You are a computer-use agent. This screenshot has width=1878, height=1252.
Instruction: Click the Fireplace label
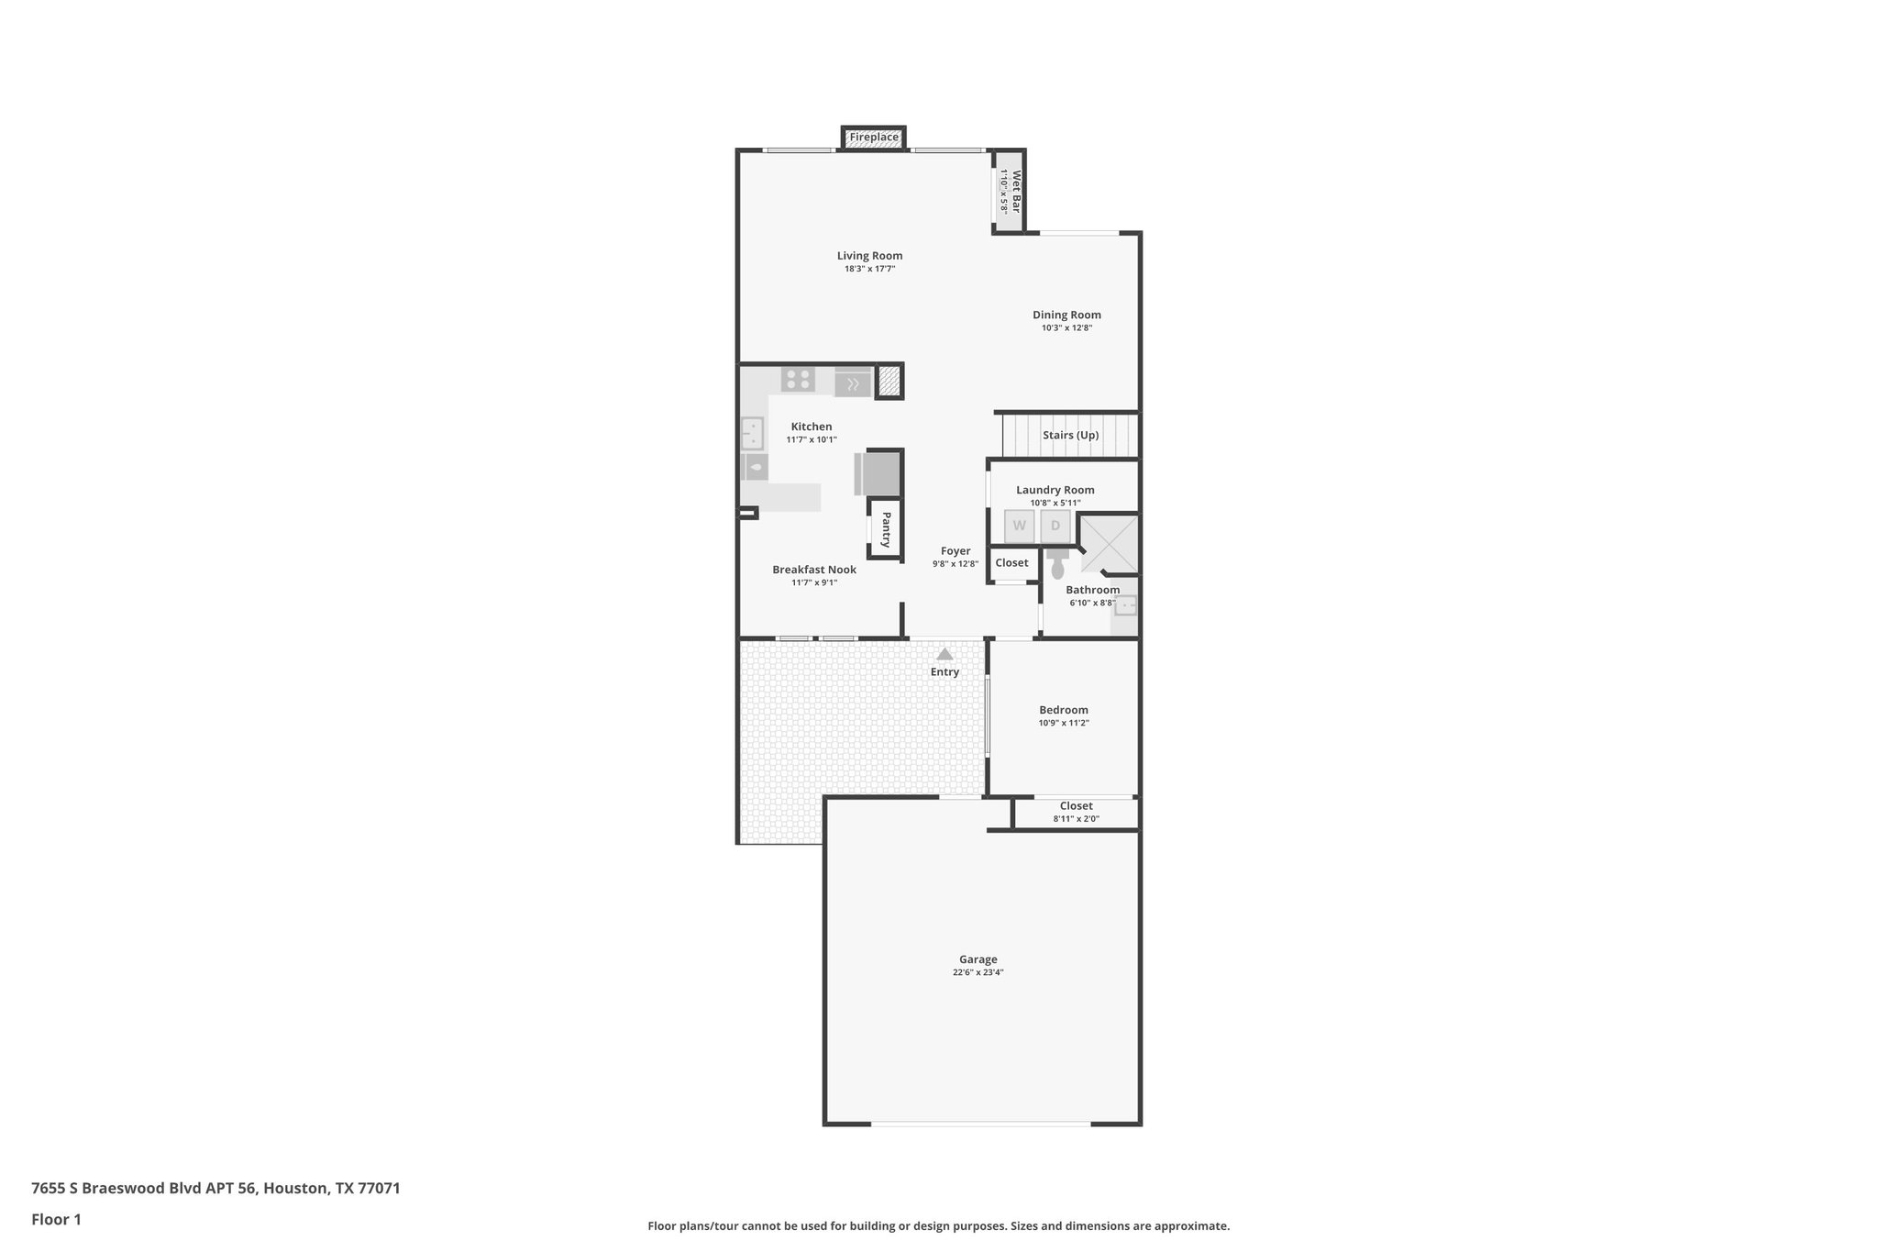coord(873,138)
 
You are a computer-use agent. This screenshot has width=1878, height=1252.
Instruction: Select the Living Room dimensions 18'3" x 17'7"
coord(869,270)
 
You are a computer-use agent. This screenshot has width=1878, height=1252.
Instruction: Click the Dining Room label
coord(1066,315)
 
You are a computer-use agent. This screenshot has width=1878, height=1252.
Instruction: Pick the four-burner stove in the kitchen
coord(798,379)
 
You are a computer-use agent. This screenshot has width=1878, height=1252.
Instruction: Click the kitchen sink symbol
coord(752,432)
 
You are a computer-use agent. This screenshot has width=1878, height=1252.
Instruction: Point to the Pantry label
coord(886,530)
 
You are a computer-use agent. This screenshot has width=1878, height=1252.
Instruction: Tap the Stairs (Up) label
coord(1070,436)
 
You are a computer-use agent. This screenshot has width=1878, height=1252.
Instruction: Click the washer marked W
coord(1019,526)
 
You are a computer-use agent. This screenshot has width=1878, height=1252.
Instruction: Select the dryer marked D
coord(1055,526)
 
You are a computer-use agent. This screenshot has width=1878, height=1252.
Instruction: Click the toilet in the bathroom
coord(1057,563)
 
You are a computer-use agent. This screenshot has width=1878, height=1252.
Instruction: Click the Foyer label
coord(955,551)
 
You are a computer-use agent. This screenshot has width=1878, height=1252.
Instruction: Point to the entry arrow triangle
coord(945,654)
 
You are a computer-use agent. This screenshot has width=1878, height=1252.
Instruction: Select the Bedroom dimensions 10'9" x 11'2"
coord(1064,723)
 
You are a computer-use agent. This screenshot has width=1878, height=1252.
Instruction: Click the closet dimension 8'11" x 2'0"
coord(1076,819)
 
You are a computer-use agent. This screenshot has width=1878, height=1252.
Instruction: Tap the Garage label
coord(978,959)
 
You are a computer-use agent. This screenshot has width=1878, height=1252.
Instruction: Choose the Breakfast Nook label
coord(813,570)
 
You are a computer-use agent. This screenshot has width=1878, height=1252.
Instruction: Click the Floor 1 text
coord(56,1219)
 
